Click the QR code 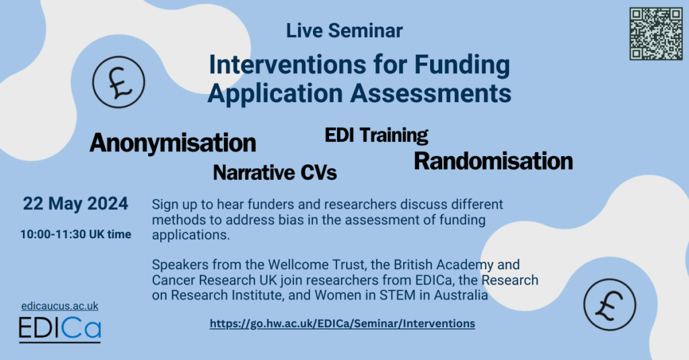tap(655, 34)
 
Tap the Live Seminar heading tap(344, 31)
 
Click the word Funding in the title tap(462, 65)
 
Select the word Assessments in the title tap(431, 93)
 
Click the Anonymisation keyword tap(173, 143)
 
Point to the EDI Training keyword tap(377, 135)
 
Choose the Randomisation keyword tap(493, 161)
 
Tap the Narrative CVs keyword tap(275, 172)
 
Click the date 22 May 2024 tap(75, 204)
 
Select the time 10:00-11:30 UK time tap(75, 234)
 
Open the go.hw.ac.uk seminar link tap(342, 324)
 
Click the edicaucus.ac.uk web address tap(60, 306)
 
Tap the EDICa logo tap(60, 329)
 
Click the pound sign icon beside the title tap(118, 82)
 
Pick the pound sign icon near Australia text tap(610, 305)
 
